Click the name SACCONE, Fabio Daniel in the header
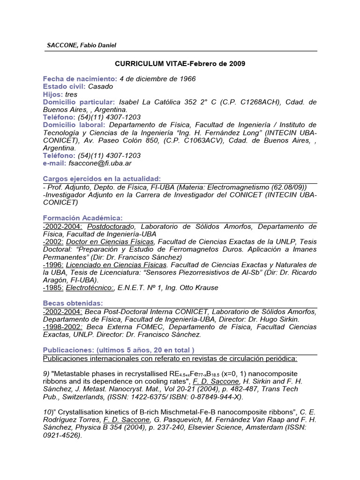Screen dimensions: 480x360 [x=82, y=45]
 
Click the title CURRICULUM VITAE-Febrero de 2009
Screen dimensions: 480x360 [x=180, y=63]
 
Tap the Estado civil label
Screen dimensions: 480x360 [x=64, y=86]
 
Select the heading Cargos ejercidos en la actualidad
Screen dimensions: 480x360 [x=102, y=179]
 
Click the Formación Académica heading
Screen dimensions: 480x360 [x=82, y=218]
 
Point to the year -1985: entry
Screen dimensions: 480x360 [x=53, y=287]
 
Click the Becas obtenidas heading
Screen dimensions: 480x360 [x=73, y=303]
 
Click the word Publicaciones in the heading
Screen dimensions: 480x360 [x=67, y=350]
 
